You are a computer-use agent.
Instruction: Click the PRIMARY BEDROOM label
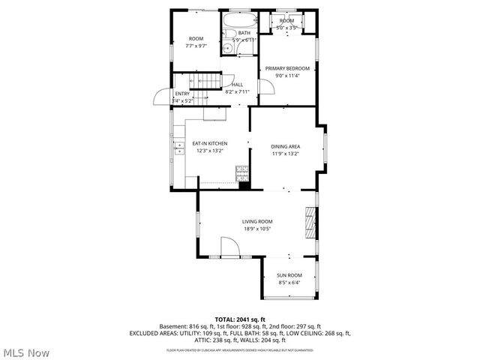point(286,68)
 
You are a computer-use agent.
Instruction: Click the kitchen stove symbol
point(242,172)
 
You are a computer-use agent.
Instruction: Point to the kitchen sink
point(180,146)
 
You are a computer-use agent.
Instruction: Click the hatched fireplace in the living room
point(310,223)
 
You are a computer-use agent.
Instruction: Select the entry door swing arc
point(160,97)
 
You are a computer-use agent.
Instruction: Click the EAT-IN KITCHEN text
point(210,143)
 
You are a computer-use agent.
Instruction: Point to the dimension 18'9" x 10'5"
point(256,229)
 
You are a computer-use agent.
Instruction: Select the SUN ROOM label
point(289,275)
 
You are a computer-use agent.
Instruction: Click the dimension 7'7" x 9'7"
point(196,45)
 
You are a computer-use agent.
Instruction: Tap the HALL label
point(237,85)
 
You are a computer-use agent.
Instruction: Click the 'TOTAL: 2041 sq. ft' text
point(240,319)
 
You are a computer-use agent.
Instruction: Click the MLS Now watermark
point(27,352)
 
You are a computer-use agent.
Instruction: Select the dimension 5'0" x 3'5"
point(286,28)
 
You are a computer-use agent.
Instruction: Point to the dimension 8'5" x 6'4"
point(289,283)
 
